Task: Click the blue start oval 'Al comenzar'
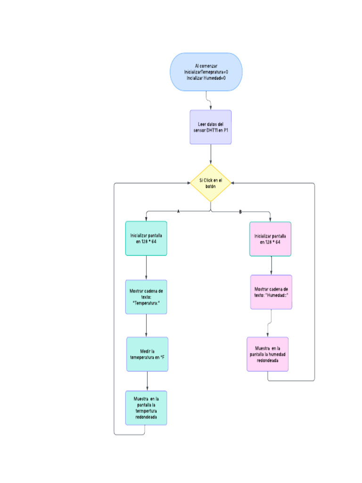[x=206, y=72]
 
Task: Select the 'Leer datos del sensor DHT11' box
[x=211, y=127]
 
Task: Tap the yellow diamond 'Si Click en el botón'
[x=211, y=183]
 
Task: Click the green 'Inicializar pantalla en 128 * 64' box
[x=146, y=238]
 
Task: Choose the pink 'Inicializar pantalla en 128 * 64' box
[x=271, y=239]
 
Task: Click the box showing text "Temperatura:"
[x=146, y=297]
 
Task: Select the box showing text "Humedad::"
[x=271, y=292]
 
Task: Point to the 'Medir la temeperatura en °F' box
[x=147, y=354]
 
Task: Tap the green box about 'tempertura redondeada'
[x=146, y=408]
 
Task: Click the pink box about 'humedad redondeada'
[x=268, y=354]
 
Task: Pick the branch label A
[x=178, y=212]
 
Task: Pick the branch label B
[x=240, y=212]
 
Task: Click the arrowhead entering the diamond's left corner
[x=188, y=183]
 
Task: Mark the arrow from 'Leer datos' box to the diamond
[x=211, y=154]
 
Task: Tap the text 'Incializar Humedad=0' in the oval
[x=206, y=78]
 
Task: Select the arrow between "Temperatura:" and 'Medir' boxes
[x=146, y=325]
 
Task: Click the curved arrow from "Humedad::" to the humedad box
[x=270, y=324]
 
